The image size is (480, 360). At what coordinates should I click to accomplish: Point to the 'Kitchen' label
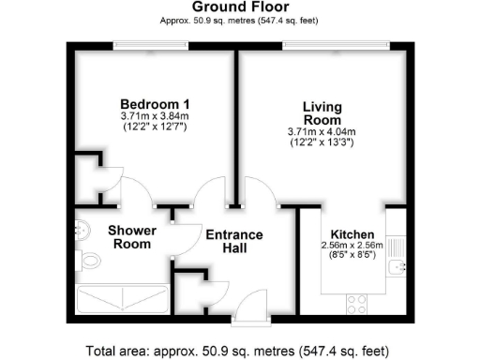[x=352, y=233]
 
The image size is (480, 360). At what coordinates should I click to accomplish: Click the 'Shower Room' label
[x=130, y=236]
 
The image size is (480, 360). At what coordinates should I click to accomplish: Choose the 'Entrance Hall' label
[x=234, y=241]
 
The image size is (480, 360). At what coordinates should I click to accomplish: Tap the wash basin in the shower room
[x=82, y=227]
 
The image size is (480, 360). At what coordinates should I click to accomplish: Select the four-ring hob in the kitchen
[x=357, y=304]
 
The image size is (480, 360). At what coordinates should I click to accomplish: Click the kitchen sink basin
[x=397, y=268]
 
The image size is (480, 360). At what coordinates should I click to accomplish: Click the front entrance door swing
[x=251, y=304]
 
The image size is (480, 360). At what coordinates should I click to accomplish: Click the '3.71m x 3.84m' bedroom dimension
[x=155, y=115]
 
